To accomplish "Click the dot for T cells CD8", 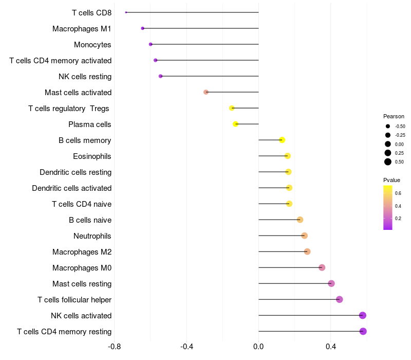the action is pyautogui.click(x=126, y=12).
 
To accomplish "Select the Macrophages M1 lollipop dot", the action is pyautogui.click(x=143, y=28).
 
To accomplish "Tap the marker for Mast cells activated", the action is pyautogui.click(x=206, y=92).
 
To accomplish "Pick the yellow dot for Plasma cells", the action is pyautogui.click(x=235, y=124).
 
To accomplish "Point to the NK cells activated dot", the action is pyautogui.click(x=363, y=315).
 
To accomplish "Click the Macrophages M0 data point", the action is pyautogui.click(x=322, y=267).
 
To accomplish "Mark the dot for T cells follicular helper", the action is pyautogui.click(x=340, y=299).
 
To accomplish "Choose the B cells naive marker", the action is pyautogui.click(x=300, y=220).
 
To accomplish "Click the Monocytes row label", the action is pyautogui.click(x=92, y=45).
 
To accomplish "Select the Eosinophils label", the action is pyautogui.click(x=92, y=156).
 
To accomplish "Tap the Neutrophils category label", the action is pyautogui.click(x=92, y=236).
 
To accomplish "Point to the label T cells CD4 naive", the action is pyautogui.click(x=82, y=204).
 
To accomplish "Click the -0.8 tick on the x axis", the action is pyautogui.click(x=114, y=347).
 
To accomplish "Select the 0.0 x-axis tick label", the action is pyautogui.click(x=258, y=347).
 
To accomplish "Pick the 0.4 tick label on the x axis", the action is pyautogui.click(x=331, y=347).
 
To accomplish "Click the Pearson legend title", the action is pyautogui.click(x=394, y=116).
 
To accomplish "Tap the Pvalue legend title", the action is pyautogui.click(x=391, y=180).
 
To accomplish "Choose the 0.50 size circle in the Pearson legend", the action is pyautogui.click(x=388, y=162).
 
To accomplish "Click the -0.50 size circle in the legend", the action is pyautogui.click(x=388, y=126).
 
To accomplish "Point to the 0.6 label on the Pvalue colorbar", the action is pyautogui.click(x=398, y=193).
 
